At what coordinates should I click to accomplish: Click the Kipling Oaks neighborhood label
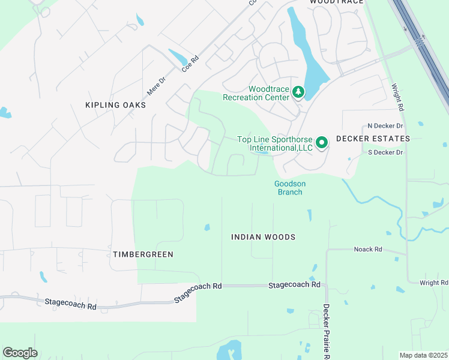pos(116,105)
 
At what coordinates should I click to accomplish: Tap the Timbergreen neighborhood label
pos(143,254)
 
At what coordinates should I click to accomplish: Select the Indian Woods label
pos(264,237)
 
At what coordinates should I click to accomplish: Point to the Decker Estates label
pos(373,139)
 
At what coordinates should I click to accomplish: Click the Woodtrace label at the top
pos(337,2)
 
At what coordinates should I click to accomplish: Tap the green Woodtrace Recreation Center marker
pos(298,92)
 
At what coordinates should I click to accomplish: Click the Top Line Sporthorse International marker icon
pos(322,143)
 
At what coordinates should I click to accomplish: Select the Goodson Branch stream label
pos(288,188)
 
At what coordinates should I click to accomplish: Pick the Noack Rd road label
pos(368,249)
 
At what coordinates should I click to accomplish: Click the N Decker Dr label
pos(385,126)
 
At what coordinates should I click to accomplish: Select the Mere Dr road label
pos(155,86)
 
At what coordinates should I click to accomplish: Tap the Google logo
pos(20,353)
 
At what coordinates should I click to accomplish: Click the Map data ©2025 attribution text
pos(423,355)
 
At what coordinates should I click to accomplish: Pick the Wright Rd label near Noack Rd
pos(433,283)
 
